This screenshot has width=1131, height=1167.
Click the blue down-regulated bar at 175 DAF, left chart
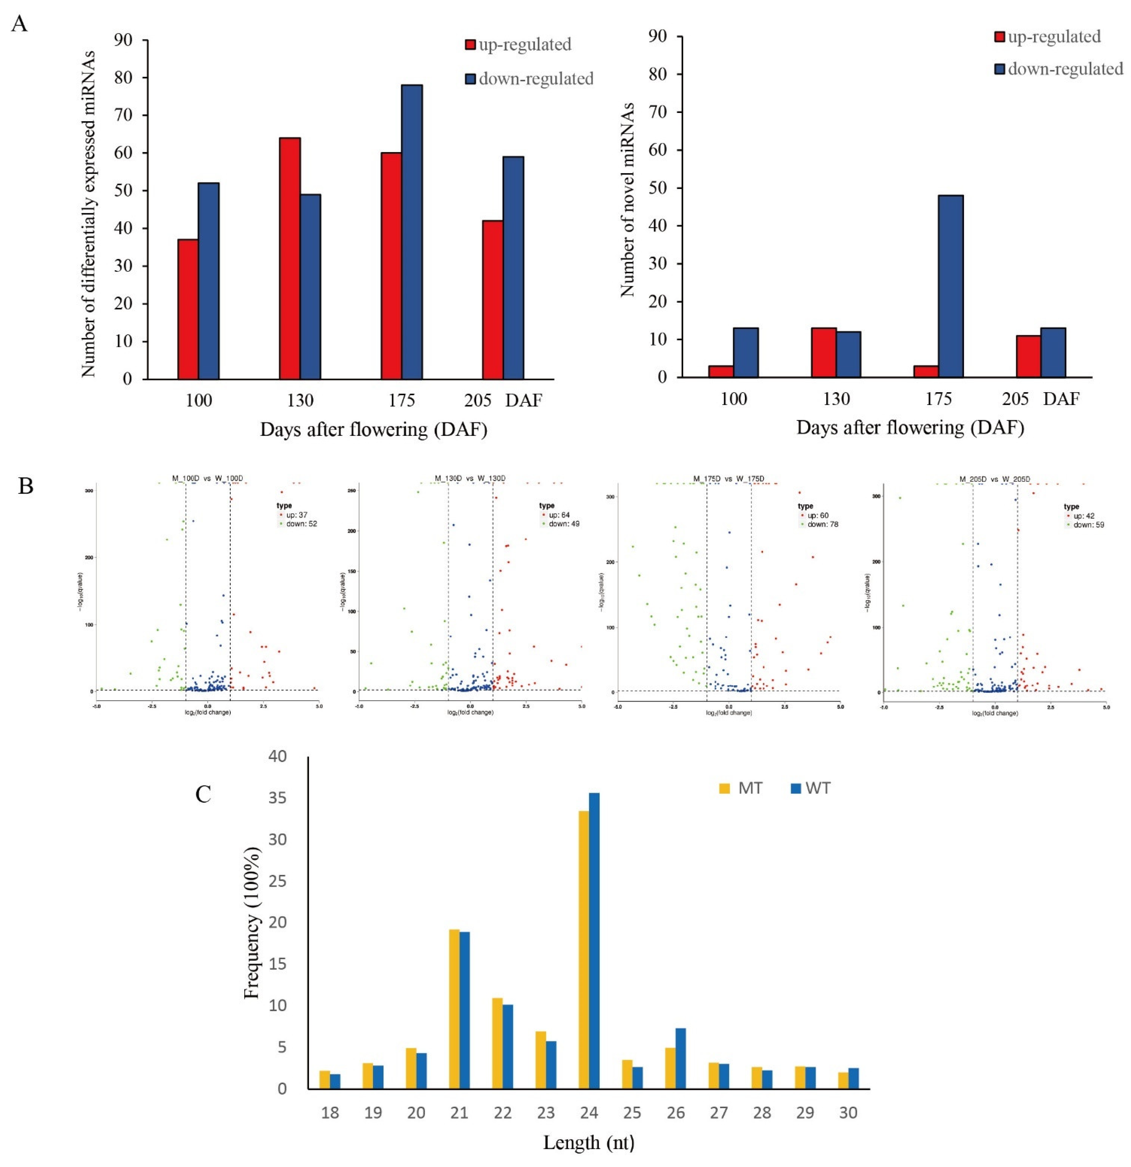411,232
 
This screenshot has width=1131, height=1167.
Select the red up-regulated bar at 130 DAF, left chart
289,259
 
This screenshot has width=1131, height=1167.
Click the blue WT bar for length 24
594,941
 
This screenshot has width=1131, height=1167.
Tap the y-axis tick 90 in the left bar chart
123,40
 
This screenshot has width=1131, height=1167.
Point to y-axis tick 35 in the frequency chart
277,798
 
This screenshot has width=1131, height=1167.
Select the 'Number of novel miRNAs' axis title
627,199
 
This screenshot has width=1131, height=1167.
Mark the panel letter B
26,486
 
